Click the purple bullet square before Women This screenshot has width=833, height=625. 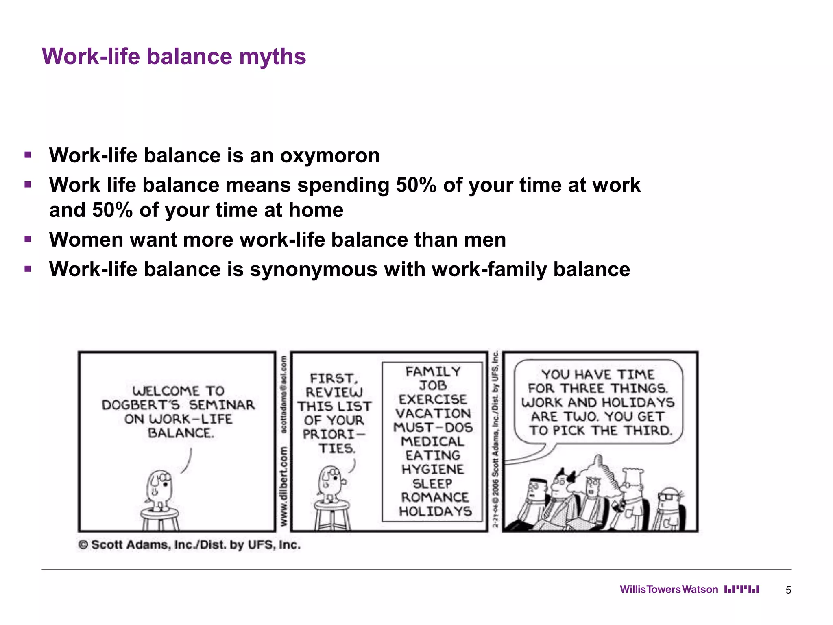pyautogui.click(x=28, y=239)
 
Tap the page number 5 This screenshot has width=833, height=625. pyautogui.click(x=788, y=590)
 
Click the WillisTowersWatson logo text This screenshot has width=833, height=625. pyautogui.click(x=669, y=590)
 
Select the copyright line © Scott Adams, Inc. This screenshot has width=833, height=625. pyautogui.click(x=189, y=544)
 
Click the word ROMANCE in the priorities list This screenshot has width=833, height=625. pyautogui.click(x=435, y=497)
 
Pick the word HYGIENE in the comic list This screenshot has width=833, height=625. pyautogui.click(x=433, y=469)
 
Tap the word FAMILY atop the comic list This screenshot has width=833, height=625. pyautogui.click(x=433, y=372)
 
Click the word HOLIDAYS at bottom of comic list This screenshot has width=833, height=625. pyautogui.click(x=435, y=511)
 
